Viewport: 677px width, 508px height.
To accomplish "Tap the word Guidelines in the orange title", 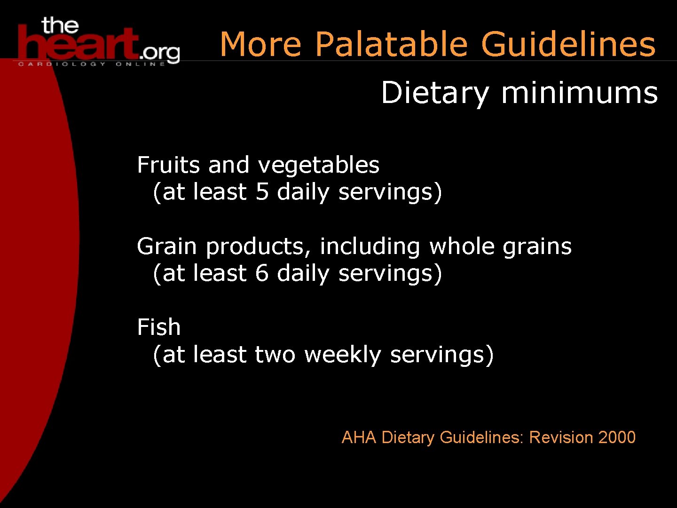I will point(568,44).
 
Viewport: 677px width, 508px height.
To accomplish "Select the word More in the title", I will point(260,44).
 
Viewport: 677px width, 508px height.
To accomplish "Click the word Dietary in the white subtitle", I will point(435,93).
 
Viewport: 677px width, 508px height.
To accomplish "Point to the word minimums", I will point(579,93).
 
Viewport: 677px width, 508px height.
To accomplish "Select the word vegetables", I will point(318,166).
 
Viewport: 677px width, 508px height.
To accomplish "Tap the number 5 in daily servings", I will point(262,192).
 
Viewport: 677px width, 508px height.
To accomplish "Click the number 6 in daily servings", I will point(262,273).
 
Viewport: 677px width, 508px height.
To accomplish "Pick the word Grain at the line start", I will point(166,246).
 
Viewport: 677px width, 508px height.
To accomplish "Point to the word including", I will point(370,246).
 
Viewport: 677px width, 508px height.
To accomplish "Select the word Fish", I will point(158,327).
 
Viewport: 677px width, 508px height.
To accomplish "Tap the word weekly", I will point(342,355).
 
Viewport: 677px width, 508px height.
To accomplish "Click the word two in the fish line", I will point(275,355).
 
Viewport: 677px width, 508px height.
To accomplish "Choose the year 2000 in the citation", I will point(617,437).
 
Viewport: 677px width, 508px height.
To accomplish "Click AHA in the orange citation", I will point(359,437).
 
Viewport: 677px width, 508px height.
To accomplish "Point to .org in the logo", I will point(160,53).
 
